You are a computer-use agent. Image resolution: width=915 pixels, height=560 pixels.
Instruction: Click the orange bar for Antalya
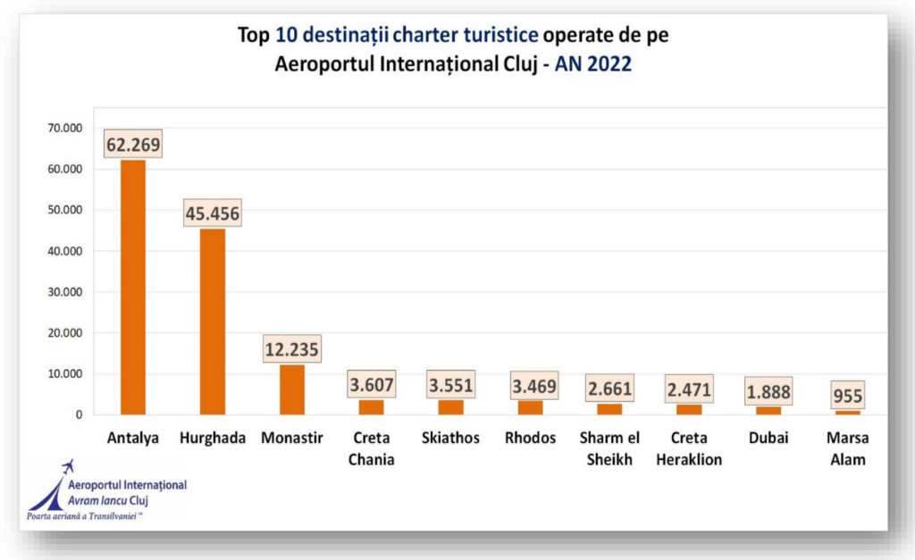(x=133, y=286)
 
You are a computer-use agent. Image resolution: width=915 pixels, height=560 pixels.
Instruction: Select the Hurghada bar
(x=213, y=322)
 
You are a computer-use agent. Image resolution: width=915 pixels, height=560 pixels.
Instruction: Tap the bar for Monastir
(x=291, y=390)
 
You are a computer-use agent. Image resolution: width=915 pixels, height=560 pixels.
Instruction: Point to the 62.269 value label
(x=133, y=144)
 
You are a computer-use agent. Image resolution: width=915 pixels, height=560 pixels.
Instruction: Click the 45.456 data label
(x=213, y=214)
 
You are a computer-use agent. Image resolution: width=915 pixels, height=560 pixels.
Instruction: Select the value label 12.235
(x=291, y=348)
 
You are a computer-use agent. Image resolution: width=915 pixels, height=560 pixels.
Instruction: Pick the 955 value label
(x=847, y=395)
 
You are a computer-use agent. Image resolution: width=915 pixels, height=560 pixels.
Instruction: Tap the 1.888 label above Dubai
(x=768, y=392)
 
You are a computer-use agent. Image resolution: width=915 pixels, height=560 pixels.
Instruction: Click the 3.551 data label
(x=450, y=385)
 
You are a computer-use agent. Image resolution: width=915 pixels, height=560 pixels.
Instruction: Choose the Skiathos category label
(x=450, y=439)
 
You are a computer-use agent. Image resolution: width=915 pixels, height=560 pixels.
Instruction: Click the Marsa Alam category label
(x=847, y=448)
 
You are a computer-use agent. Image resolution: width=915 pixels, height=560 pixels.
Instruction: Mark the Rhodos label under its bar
(x=530, y=439)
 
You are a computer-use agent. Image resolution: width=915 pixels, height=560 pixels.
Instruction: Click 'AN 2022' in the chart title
(x=593, y=64)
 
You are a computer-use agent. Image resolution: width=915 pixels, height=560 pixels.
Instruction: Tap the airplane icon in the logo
(x=66, y=468)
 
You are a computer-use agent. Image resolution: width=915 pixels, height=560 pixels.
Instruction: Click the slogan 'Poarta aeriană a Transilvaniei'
(x=86, y=516)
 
